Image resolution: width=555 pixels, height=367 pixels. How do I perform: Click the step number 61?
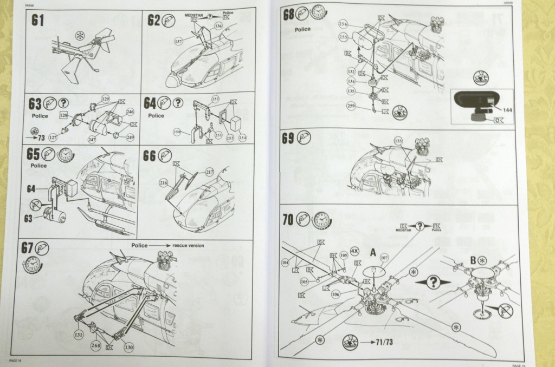[x=38, y=21]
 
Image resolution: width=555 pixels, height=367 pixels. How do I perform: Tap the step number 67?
[x=27, y=248]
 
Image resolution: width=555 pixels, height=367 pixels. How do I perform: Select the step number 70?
[x=288, y=219]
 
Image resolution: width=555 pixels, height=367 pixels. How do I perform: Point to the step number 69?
[x=288, y=138]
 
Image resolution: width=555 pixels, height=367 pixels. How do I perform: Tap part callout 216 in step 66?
[x=164, y=183]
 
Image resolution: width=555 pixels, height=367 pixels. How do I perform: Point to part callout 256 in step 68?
[x=343, y=24]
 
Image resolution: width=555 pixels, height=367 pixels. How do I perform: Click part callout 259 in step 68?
[x=351, y=106]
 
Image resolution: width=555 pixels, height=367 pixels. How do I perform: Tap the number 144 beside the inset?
[x=507, y=109]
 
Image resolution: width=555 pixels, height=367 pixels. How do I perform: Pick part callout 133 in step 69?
[x=399, y=141]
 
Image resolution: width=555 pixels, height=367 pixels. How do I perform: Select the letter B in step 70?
[x=473, y=260]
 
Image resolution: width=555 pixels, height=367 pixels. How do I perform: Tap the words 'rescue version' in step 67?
[x=188, y=245]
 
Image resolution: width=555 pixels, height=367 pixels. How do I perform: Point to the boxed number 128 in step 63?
[x=64, y=115]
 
